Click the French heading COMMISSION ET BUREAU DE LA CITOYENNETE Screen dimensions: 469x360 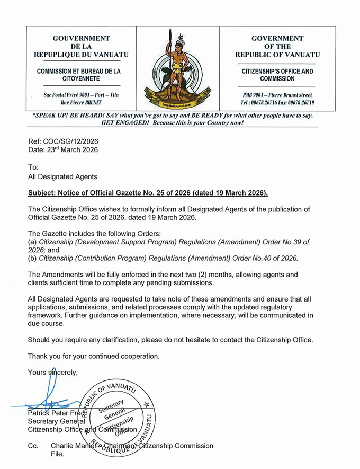(x=79, y=75)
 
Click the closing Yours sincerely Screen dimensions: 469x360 (x=52, y=373)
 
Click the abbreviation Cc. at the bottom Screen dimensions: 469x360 (x=33, y=446)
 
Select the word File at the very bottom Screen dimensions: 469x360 (x=57, y=454)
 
